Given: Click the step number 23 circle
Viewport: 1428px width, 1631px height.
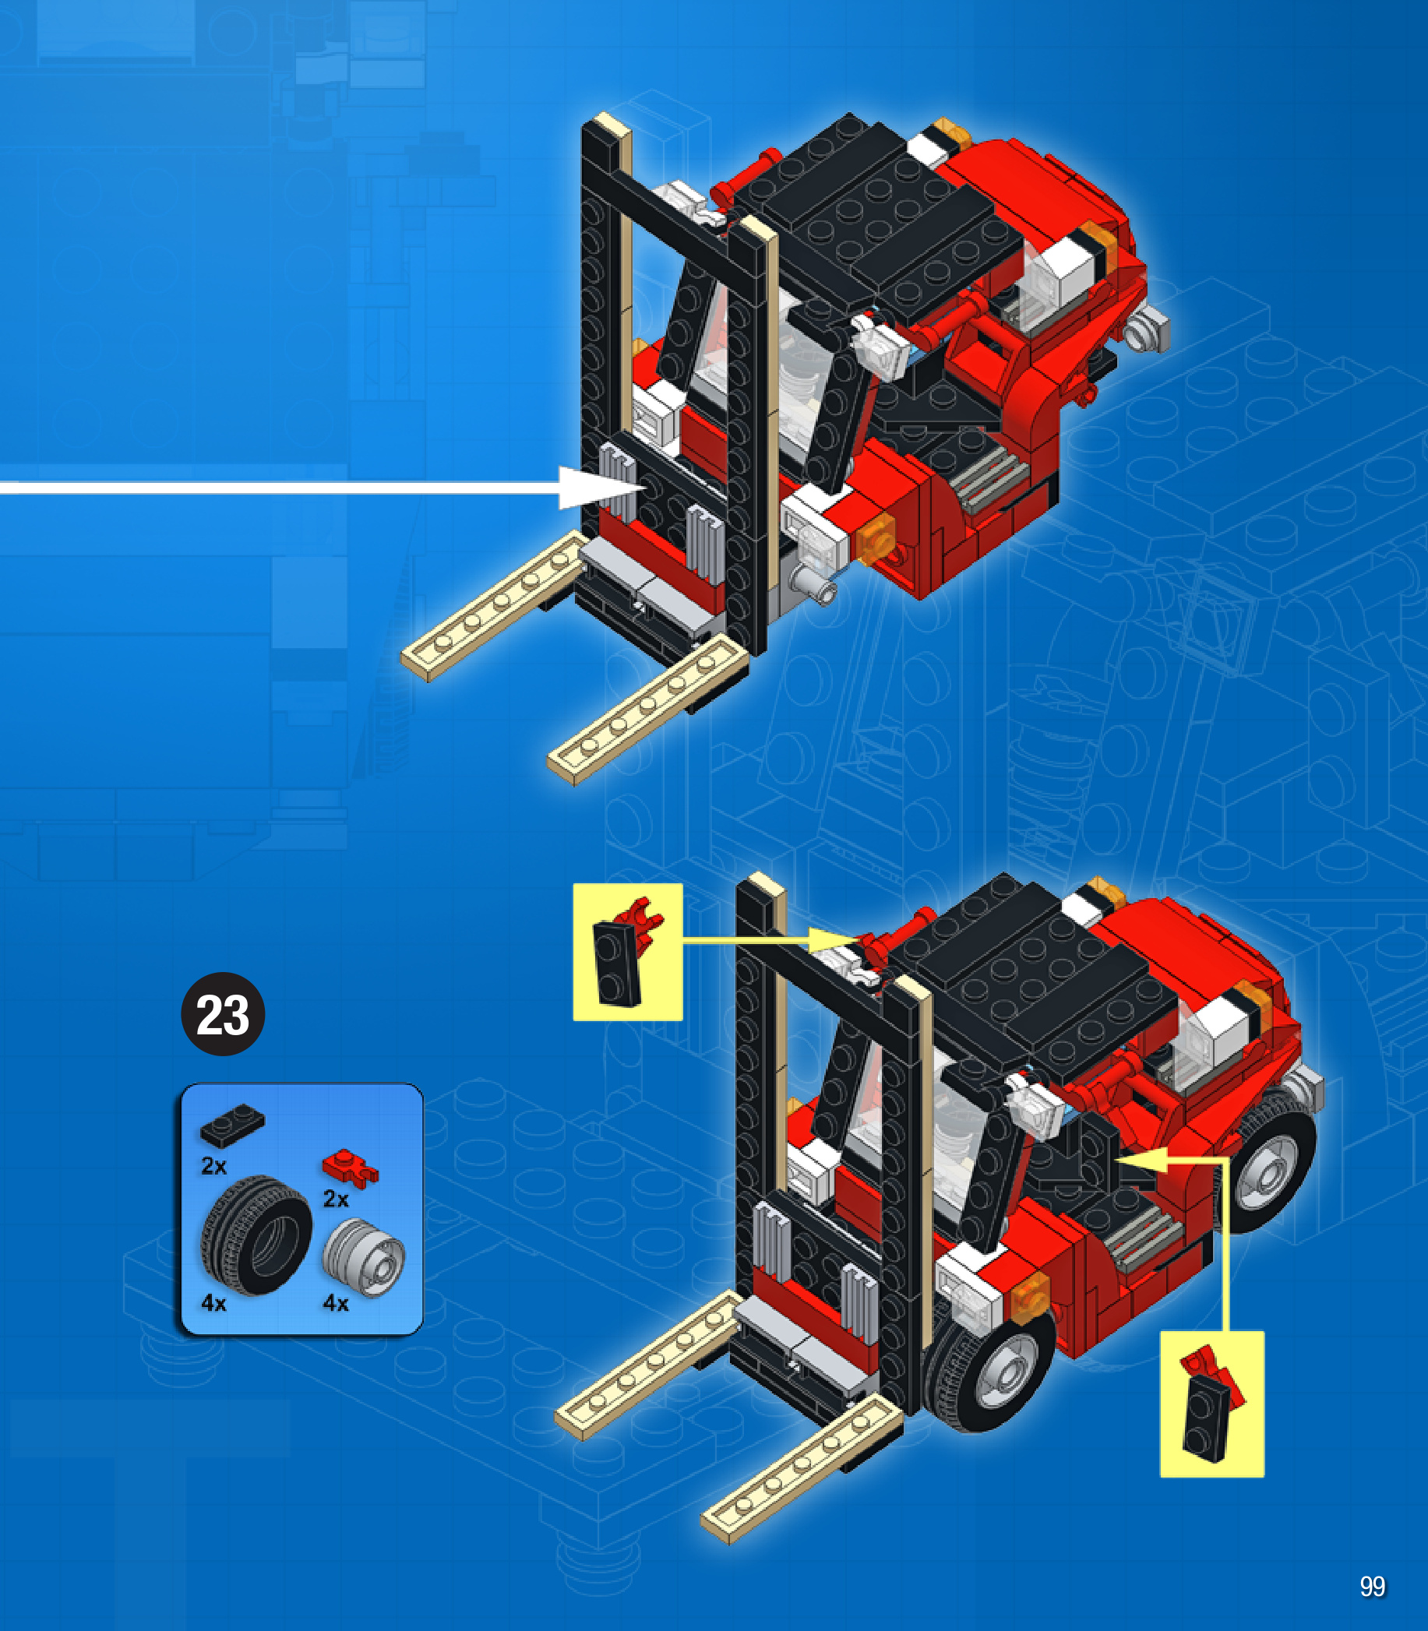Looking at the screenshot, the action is (x=223, y=1014).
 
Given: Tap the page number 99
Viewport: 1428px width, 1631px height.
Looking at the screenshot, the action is (x=1372, y=1587).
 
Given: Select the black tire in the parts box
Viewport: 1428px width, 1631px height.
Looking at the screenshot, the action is (x=256, y=1235).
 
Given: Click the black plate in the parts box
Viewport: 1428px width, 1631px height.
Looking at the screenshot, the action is (x=232, y=1125).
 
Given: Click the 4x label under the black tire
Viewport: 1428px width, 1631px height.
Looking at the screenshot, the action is (x=213, y=1304).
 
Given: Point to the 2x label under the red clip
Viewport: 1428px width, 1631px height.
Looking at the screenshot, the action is (x=336, y=1199).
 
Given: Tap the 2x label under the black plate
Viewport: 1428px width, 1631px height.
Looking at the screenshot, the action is (x=213, y=1166).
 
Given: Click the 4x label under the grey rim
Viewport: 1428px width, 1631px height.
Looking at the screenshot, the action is (x=336, y=1304).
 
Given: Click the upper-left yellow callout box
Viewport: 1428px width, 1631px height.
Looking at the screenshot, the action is (x=628, y=951).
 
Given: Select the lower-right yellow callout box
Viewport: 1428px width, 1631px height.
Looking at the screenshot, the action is (x=1212, y=1403).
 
